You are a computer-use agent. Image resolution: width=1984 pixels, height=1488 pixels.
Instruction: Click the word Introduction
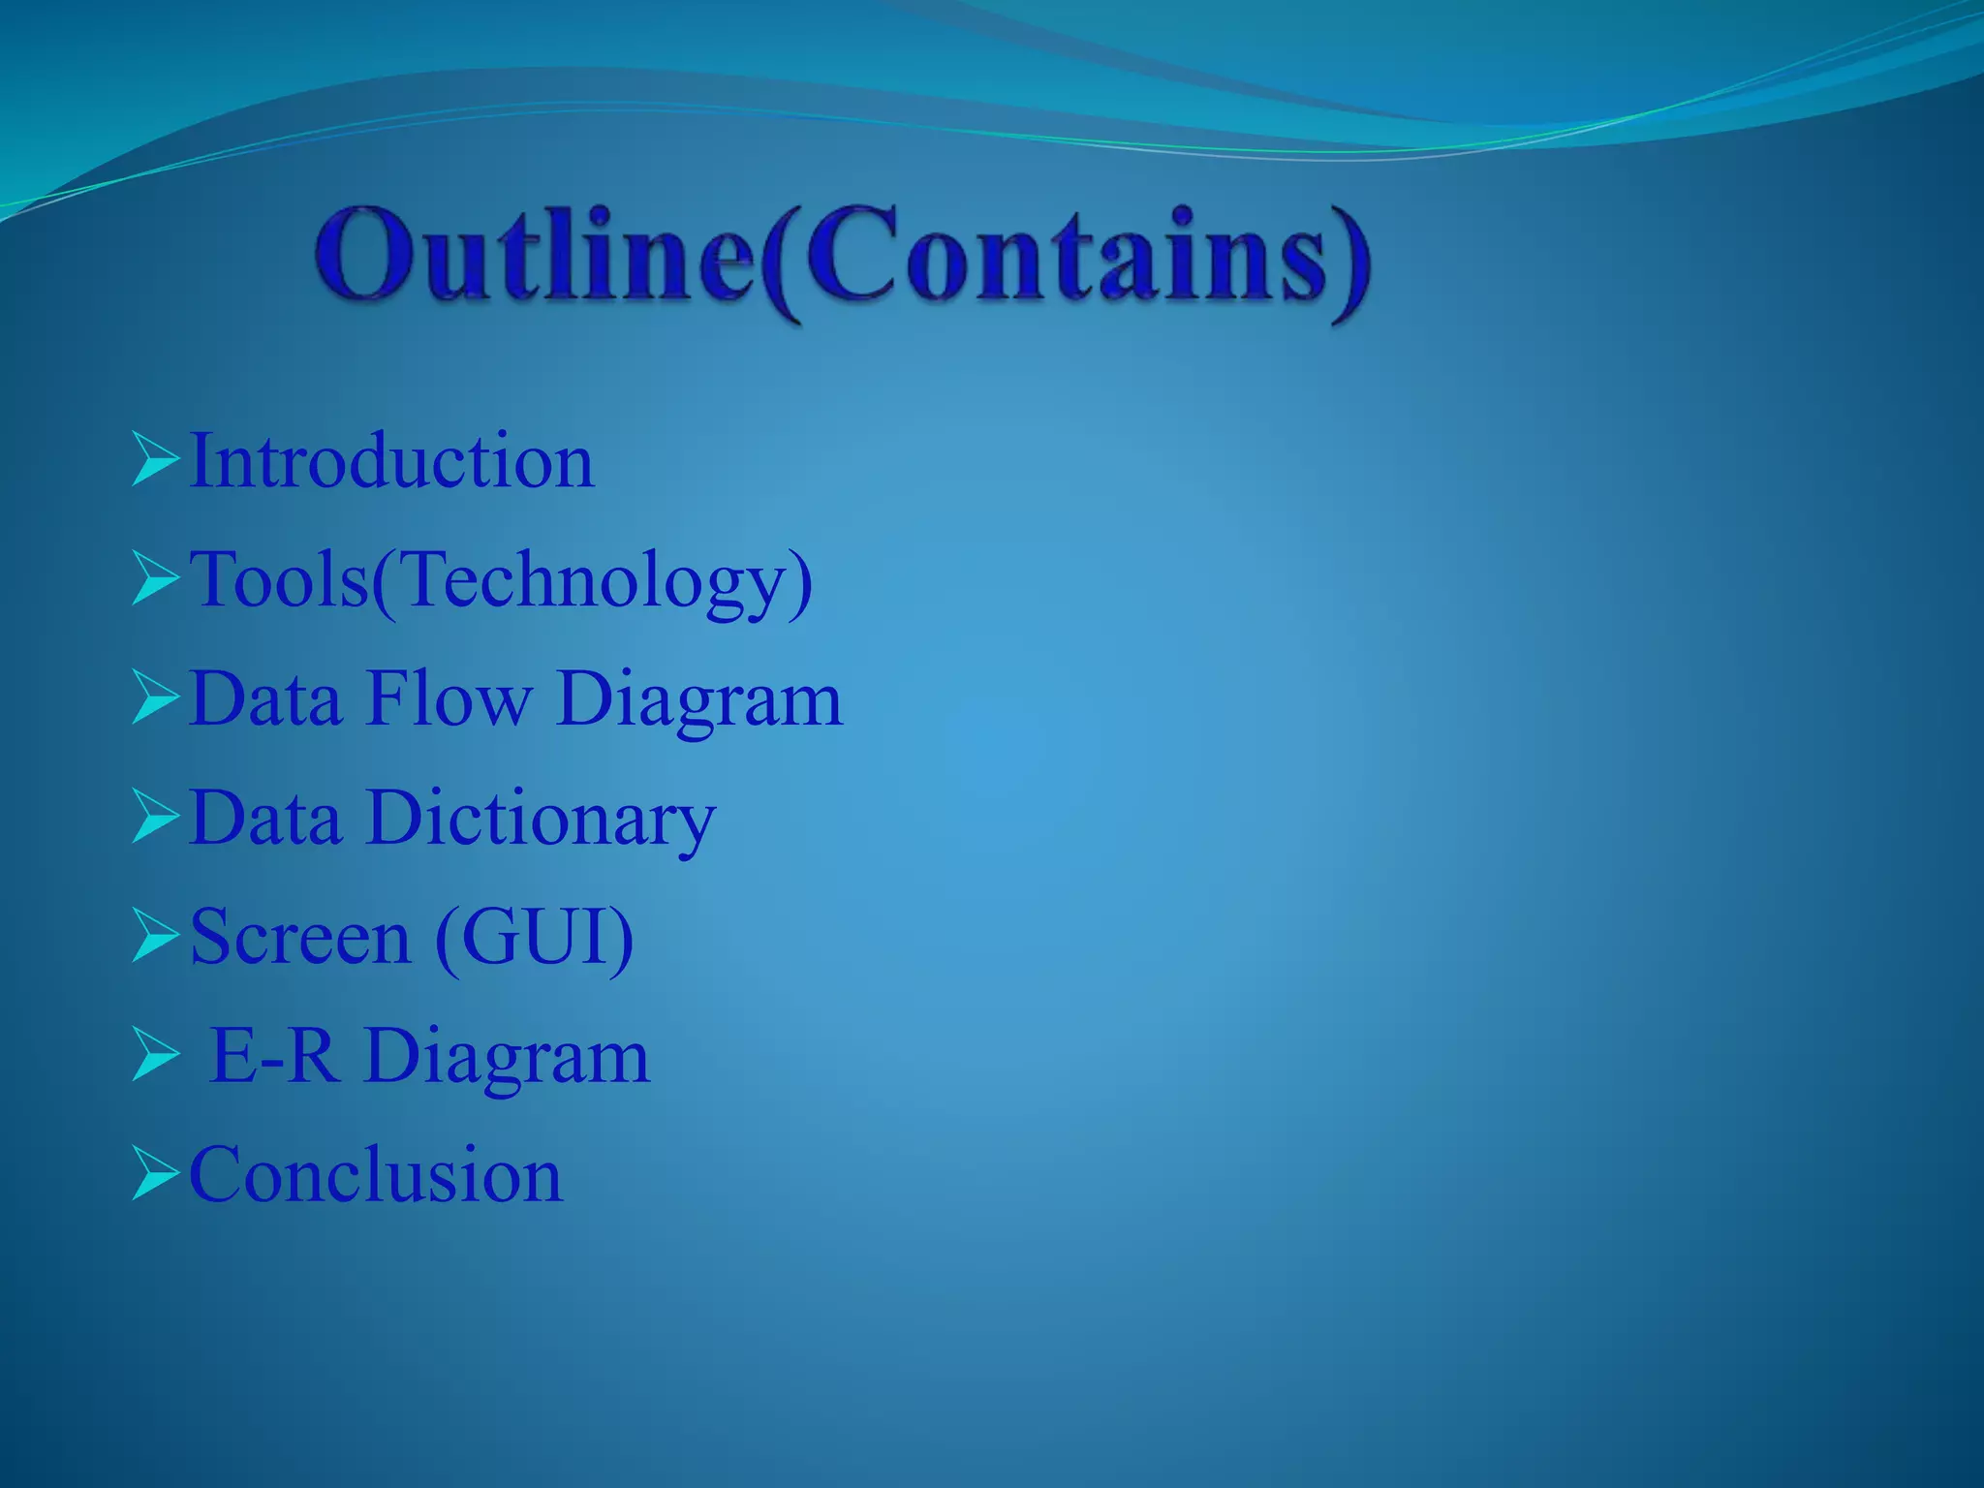391,461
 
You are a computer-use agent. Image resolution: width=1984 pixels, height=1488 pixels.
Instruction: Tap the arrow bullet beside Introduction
155,461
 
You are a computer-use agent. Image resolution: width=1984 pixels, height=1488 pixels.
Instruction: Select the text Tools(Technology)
501,580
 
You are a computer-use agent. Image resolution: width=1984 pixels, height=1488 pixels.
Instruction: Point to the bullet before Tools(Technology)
155,580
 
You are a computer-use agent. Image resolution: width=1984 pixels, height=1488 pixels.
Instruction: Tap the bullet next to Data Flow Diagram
155,698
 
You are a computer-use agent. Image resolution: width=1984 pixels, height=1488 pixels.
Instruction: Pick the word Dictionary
542,820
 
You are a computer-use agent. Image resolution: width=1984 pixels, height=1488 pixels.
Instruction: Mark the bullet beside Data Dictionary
155,819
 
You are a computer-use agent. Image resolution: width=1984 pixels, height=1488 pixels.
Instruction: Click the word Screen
300,937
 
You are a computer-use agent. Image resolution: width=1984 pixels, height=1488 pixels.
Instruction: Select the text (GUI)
535,938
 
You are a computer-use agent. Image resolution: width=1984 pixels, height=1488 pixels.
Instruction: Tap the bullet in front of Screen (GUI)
155,938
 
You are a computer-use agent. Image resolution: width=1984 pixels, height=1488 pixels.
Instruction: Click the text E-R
274,1056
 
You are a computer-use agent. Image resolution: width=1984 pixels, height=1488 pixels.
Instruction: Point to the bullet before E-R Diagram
155,1056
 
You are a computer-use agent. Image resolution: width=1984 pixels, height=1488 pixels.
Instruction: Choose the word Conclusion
376,1175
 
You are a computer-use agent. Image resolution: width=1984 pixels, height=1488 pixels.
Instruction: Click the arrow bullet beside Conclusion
155,1175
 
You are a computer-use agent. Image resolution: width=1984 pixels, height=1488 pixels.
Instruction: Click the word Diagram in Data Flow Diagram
699,700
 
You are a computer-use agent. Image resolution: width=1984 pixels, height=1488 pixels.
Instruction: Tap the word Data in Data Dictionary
266,819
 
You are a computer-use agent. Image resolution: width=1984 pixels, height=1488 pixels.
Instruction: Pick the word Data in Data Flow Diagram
266,698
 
